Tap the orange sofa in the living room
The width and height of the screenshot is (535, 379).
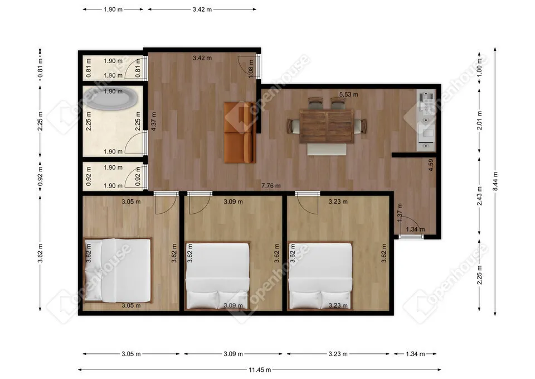[x=240, y=132]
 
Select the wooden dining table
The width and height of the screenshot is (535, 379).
[x=326, y=126]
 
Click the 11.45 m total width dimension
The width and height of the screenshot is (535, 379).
[x=259, y=370]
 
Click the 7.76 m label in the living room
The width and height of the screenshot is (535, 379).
[x=271, y=185]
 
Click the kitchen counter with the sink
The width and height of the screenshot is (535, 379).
[x=426, y=120]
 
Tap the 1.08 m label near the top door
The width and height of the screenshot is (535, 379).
[x=250, y=70]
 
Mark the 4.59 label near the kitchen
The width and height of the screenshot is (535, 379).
[x=431, y=166]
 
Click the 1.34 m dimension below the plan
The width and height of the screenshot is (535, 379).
[x=415, y=354]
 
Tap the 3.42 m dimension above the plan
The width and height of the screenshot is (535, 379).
[x=202, y=9]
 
